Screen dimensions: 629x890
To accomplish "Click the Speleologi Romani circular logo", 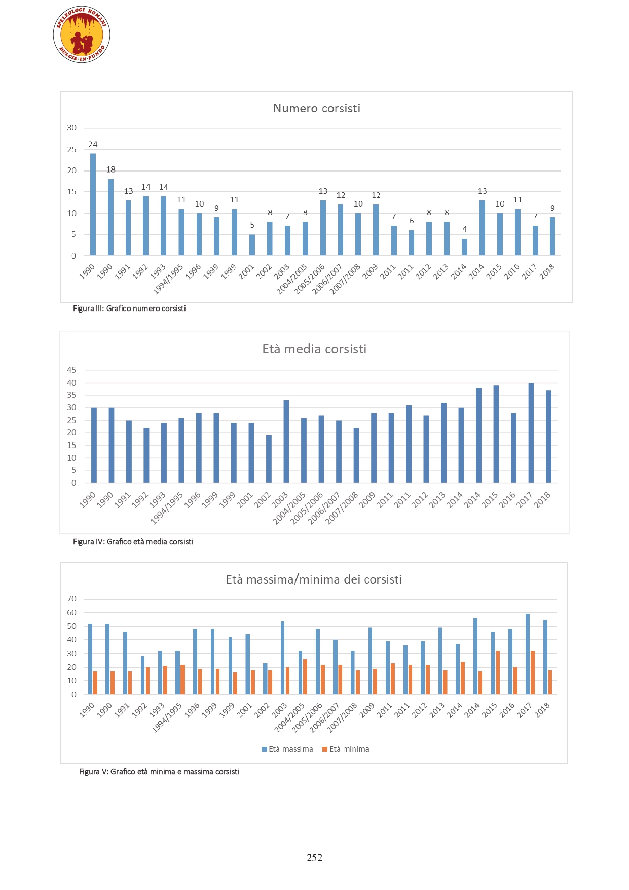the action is click(x=82, y=35).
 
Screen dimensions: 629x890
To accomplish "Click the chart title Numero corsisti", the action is click(x=317, y=108).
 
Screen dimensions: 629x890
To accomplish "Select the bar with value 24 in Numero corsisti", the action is click(x=93, y=204).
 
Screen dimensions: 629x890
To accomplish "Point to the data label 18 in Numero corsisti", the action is click(x=111, y=169).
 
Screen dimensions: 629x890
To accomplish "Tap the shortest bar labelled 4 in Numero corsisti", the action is click(x=464, y=247).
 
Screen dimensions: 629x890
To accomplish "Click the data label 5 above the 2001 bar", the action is click(x=252, y=225).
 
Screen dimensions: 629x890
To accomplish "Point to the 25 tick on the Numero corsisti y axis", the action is click(x=72, y=149).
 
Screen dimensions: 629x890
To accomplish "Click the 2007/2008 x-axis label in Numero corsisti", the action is click(x=345, y=279).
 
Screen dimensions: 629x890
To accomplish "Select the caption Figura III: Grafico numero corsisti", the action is click(x=129, y=309).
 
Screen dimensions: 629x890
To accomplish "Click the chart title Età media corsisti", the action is click(x=314, y=349).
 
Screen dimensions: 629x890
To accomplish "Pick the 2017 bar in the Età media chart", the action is click(x=531, y=433).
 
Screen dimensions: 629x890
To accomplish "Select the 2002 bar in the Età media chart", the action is click(x=269, y=459).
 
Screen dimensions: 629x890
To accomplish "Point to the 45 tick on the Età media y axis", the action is click(x=71, y=370).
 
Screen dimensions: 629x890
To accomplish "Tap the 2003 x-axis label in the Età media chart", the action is click(x=280, y=500).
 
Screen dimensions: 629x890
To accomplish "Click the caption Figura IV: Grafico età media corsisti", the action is click(x=133, y=542).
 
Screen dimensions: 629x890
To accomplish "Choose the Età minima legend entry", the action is click(x=346, y=749).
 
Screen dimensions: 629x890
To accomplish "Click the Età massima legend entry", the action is click(x=287, y=749).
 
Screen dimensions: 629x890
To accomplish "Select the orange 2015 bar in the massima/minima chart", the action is click(x=498, y=672).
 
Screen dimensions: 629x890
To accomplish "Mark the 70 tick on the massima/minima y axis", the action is click(x=72, y=599).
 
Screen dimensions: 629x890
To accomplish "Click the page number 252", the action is click(x=314, y=858).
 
